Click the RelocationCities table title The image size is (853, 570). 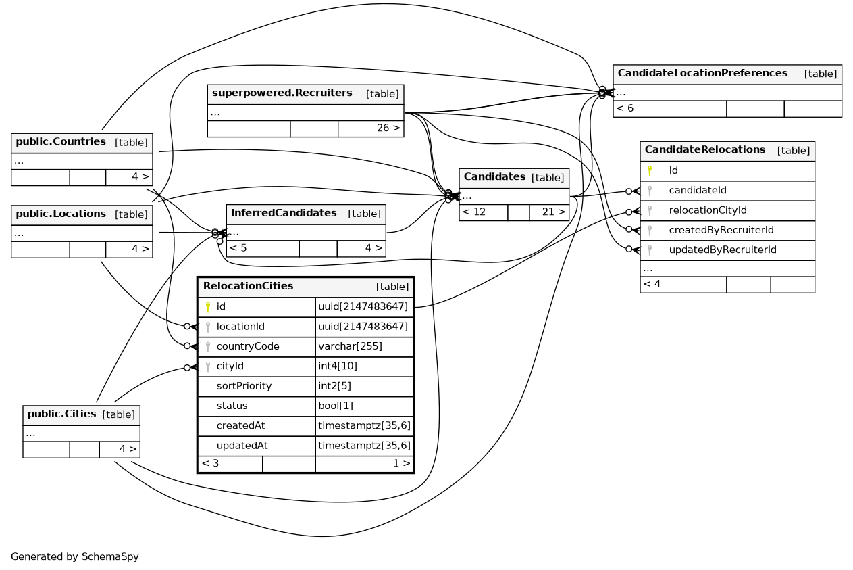pos(248,286)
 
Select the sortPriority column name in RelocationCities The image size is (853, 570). pos(244,386)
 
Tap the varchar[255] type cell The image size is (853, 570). pos(350,346)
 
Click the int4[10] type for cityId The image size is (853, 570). pos(338,366)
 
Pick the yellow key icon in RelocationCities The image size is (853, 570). pos(208,307)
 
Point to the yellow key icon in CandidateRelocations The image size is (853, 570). pos(650,171)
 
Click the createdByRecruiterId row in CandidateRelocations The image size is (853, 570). pos(721,230)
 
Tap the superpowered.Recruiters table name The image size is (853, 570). pos(282,93)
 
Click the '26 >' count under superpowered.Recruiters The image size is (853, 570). pos(388,128)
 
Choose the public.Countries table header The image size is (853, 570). pos(61,142)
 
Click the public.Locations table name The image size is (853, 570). pos(61,214)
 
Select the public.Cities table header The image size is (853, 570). pos(61,414)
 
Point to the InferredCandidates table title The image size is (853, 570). pos(283,214)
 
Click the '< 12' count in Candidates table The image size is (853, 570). pos(473,212)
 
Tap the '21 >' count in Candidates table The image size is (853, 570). pos(553,212)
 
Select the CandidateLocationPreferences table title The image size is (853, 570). pos(702,73)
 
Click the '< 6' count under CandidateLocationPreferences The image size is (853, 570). pos(625,108)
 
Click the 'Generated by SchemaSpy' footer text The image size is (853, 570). pos(74,557)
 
